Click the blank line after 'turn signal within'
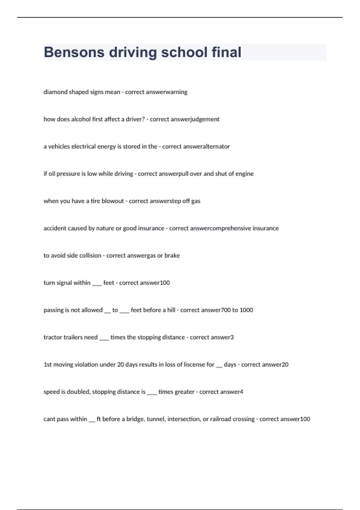[x=97, y=284]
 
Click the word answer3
[x=222, y=337]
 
